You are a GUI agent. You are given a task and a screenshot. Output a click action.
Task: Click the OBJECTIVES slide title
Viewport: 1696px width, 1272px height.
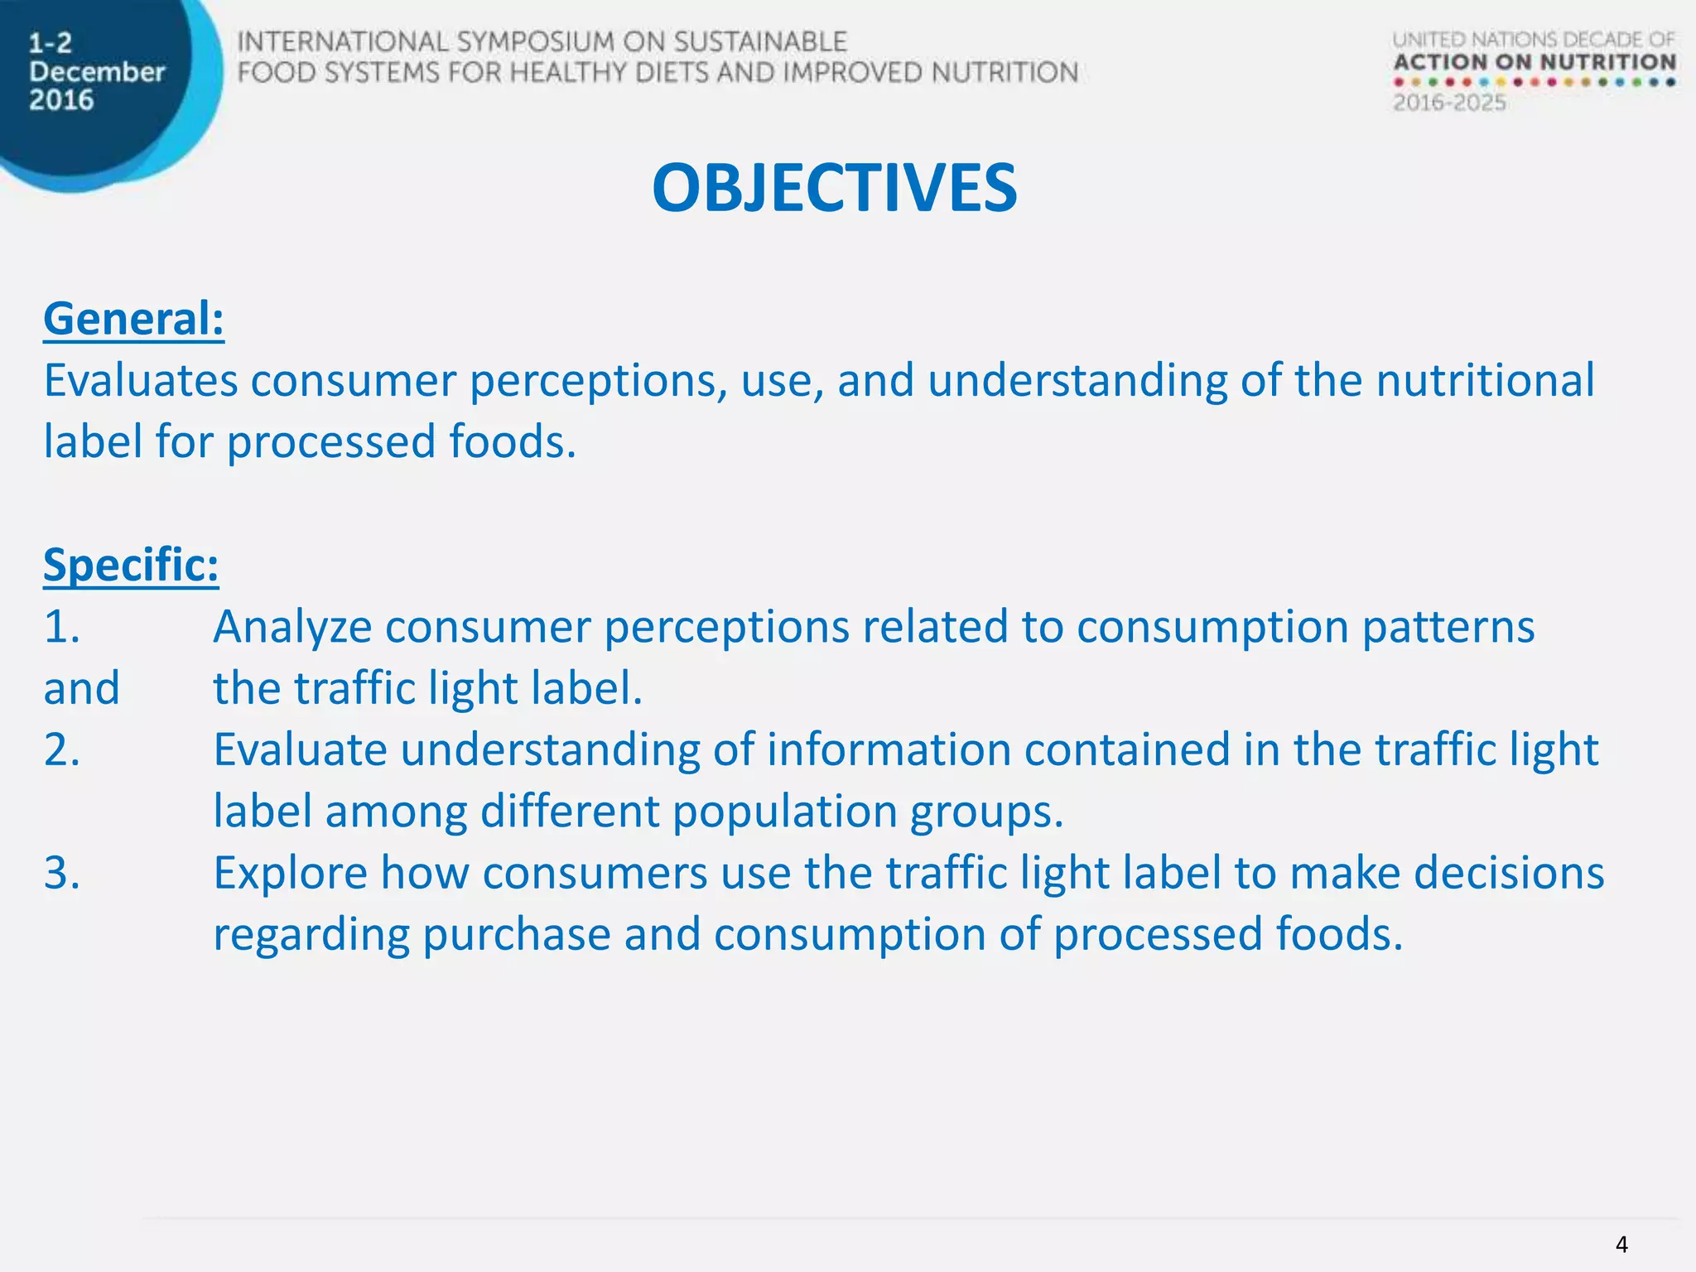tap(834, 189)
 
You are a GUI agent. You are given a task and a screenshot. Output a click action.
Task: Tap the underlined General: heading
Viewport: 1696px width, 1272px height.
tap(133, 320)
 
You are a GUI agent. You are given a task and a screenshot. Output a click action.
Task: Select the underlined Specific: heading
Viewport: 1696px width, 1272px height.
tap(131, 566)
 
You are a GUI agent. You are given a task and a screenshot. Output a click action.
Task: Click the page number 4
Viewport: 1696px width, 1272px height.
tap(1621, 1245)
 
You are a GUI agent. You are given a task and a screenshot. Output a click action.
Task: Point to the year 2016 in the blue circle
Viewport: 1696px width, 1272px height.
tap(61, 100)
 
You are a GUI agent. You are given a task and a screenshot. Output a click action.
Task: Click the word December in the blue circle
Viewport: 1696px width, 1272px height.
tap(97, 72)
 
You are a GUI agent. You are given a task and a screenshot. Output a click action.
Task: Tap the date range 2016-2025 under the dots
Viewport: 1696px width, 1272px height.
tap(1448, 104)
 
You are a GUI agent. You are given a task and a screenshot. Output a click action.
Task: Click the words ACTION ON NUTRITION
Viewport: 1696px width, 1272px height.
tap(1534, 63)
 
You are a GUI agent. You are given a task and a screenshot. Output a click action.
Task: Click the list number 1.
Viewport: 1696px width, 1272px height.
tap(61, 627)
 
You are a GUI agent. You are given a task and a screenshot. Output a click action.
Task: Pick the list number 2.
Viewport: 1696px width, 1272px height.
tap(61, 750)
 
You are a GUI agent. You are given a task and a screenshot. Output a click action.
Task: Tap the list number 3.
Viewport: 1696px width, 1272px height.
tap(61, 873)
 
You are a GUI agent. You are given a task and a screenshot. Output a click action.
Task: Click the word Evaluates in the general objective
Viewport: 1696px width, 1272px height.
tap(140, 381)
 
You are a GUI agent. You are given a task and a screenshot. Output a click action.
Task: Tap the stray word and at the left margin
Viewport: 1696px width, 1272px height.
tap(81, 688)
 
